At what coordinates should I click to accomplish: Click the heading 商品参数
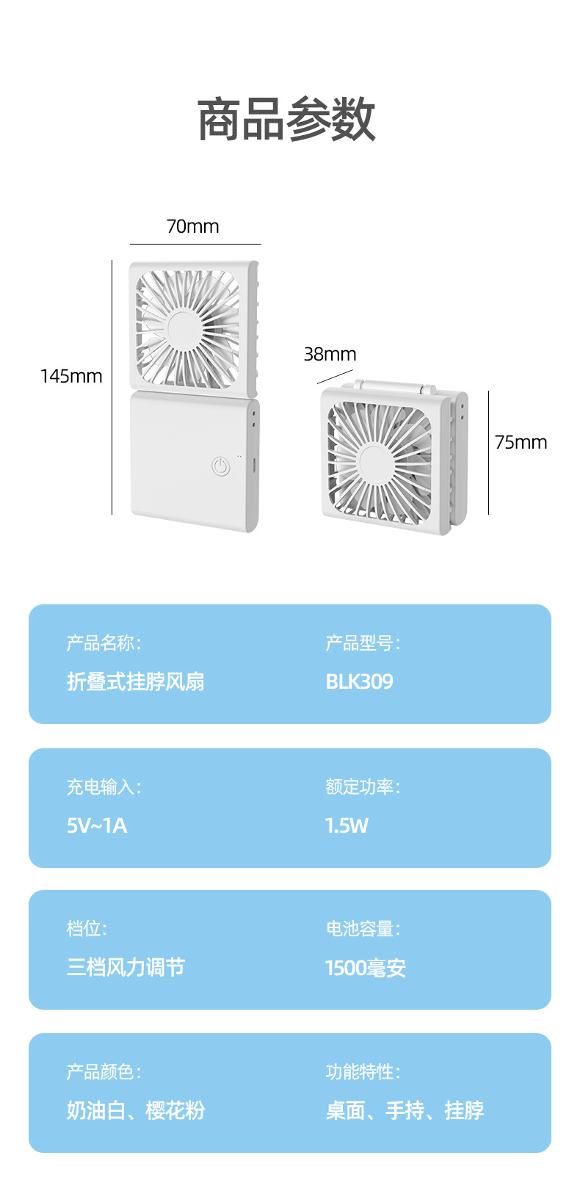[x=286, y=120]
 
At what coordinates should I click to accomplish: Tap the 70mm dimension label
[x=192, y=226]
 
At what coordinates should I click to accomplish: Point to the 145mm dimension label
[x=71, y=376]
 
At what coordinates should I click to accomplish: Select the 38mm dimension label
[x=330, y=354]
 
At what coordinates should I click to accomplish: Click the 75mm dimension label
[x=521, y=442]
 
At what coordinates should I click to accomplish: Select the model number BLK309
[x=359, y=681]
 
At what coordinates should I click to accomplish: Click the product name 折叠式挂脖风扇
[x=136, y=681]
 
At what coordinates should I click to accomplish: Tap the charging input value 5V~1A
[x=97, y=825]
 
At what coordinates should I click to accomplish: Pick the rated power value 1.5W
[x=347, y=825]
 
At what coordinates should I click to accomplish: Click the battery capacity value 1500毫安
[x=366, y=968]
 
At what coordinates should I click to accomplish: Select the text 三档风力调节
[x=126, y=967]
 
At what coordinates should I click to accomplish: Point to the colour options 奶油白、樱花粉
[x=136, y=1110]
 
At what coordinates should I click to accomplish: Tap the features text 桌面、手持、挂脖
[x=405, y=1110]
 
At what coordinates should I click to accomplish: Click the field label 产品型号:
[x=363, y=644]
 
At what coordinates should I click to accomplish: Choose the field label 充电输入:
[x=104, y=787]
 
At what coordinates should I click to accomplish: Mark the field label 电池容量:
[x=363, y=929]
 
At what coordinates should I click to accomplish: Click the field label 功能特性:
[x=363, y=1072]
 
